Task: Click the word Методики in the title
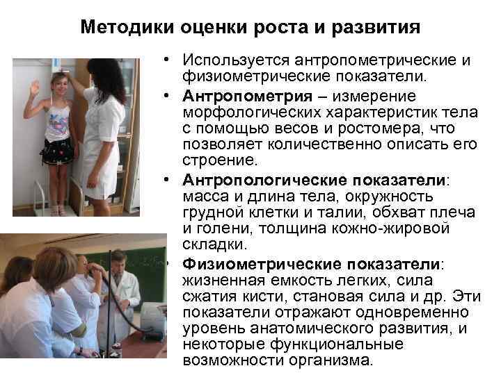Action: (119, 28)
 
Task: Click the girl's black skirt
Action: (57, 150)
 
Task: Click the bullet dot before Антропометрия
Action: (170, 95)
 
